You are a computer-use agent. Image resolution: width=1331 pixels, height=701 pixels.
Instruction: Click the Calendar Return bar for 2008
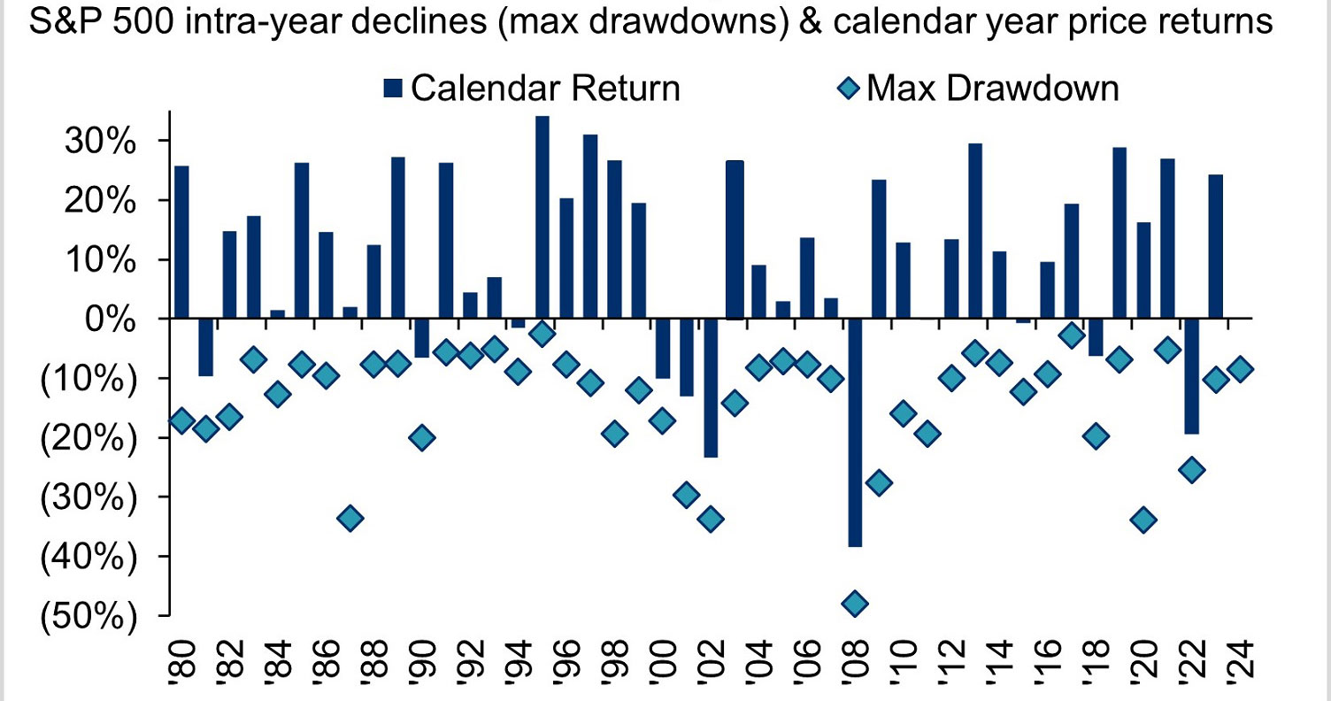click(855, 432)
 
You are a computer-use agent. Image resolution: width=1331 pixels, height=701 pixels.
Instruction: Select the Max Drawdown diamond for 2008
click(855, 604)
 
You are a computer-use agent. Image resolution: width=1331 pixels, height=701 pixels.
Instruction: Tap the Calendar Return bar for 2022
click(1192, 375)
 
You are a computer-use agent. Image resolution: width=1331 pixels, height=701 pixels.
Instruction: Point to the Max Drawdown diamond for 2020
click(1143, 520)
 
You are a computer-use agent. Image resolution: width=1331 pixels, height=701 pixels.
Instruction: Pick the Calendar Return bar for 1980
click(181, 242)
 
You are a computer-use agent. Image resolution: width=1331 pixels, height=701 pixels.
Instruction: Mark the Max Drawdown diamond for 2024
click(1240, 369)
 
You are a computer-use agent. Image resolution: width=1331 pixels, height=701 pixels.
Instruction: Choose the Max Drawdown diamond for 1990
click(422, 437)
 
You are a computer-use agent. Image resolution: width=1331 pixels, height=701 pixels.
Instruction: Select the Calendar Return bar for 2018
click(1096, 336)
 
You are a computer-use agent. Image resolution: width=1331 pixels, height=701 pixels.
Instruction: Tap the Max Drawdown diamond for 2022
click(1192, 469)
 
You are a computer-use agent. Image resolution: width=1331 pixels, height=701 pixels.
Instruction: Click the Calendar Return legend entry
click(531, 88)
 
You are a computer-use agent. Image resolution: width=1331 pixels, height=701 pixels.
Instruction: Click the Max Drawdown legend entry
click(979, 88)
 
